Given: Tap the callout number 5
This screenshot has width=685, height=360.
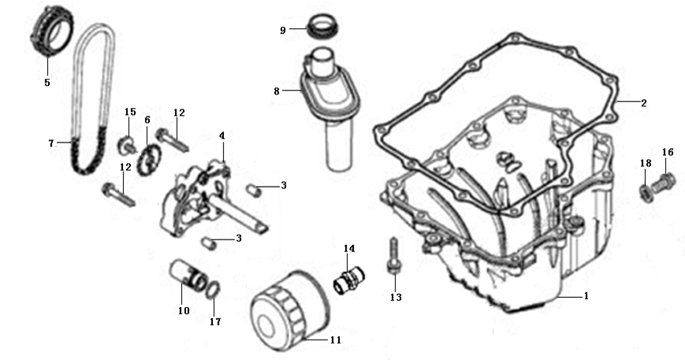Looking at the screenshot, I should pos(47,81).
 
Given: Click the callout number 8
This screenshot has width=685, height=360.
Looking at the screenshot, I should pos(277,91).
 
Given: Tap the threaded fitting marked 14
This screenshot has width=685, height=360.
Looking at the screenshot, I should pos(346,278).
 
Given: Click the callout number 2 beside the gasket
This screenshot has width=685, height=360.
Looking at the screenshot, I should pos(643,102).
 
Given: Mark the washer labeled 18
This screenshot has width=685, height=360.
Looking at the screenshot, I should pos(644,191).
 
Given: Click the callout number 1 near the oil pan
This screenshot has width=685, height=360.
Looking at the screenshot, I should pos(586,296).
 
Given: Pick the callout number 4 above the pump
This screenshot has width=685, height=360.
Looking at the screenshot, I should pos(223,135).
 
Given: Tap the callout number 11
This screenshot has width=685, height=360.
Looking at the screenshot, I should pos(335,340).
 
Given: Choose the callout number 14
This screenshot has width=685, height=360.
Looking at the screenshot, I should pos(349,248).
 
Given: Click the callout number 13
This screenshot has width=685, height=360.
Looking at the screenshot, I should pos(395,297).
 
